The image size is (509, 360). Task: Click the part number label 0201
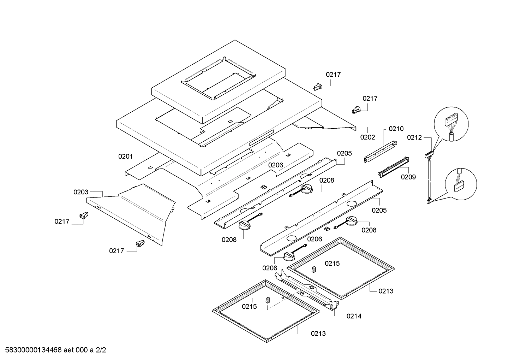[x=125, y=157]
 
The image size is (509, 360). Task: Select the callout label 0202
[x=367, y=137]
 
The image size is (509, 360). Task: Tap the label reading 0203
[x=81, y=192]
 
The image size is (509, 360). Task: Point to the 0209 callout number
[x=408, y=177]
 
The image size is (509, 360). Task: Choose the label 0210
[x=396, y=129]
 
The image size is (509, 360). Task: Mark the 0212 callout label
[x=414, y=137]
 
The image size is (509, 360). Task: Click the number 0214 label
[x=354, y=316]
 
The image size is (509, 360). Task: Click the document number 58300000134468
[x=34, y=350]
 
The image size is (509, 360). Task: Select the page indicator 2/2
[x=101, y=350]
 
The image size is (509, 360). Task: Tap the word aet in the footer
[x=69, y=350]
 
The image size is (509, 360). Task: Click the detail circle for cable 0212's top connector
[x=451, y=124]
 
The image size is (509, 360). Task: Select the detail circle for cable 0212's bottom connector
[x=461, y=184]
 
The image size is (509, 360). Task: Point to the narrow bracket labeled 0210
[x=381, y=152]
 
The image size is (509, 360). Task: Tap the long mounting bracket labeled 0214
[x=306, y=290]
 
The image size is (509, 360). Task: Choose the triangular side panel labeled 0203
[x=131, y=214]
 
